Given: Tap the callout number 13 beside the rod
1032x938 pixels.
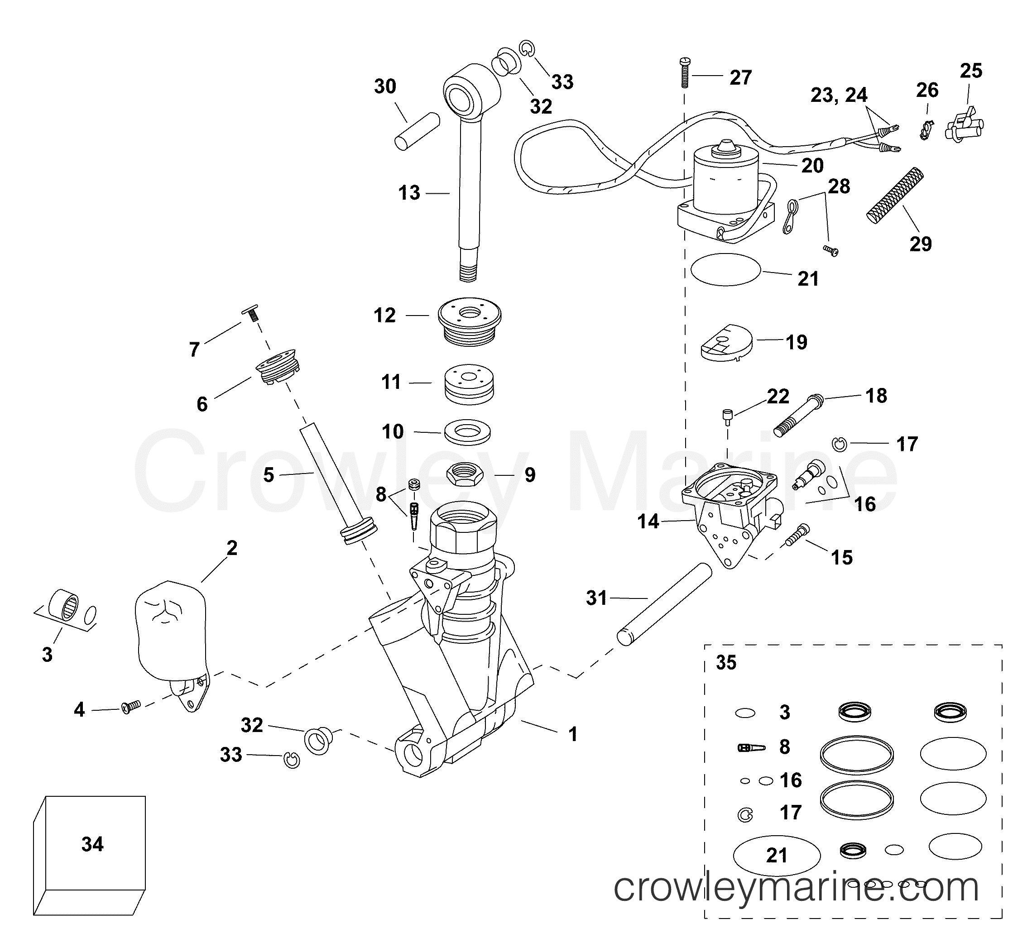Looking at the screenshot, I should click(409, 193).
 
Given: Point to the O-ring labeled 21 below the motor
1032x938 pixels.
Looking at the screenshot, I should click(725, 269).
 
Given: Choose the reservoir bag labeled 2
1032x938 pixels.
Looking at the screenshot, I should click(170, 635).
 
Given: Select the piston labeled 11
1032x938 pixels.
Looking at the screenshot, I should click(469, 383).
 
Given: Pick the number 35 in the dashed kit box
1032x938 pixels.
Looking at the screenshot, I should click(726, 663).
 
